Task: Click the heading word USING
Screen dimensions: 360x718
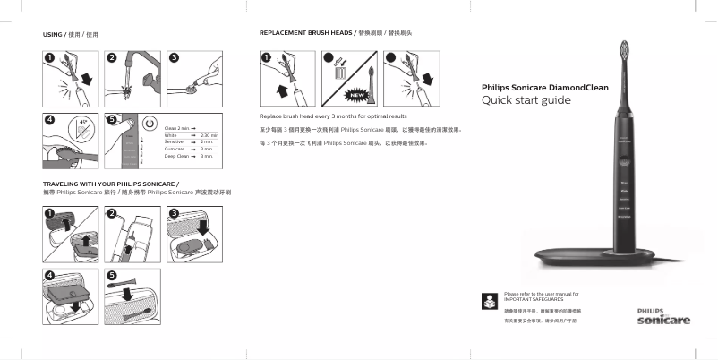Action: click(53, 34)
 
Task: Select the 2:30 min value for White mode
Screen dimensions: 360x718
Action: click(210, 135)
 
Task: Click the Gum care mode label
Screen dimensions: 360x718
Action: click(175, 149)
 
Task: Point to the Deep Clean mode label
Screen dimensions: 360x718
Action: click(177, 156)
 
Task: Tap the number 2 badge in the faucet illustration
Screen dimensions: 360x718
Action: click(112, 57)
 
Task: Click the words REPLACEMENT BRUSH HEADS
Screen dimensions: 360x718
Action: click(305, 33)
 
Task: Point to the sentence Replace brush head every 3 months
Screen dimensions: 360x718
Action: click(333, 116)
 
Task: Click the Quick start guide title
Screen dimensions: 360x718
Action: click(526, 99)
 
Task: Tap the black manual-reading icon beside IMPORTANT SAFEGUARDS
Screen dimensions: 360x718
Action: click(488, 299)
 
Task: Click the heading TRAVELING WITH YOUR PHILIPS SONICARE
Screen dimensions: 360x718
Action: click(105, 184)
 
